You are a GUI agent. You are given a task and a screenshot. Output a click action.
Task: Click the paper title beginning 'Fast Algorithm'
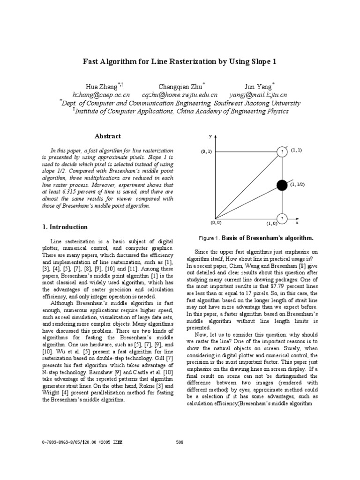(180, 61)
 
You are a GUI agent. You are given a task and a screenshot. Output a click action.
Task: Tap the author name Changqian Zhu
(181, 87)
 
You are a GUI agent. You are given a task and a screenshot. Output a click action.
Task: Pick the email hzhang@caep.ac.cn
(100, 95)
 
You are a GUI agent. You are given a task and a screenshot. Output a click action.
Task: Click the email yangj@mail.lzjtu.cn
(258, 95)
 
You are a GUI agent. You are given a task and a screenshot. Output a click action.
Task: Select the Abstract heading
(108, 136)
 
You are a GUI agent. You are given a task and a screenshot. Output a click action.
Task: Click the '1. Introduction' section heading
(65, 227)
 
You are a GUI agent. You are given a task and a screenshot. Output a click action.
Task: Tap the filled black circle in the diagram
(282, 185)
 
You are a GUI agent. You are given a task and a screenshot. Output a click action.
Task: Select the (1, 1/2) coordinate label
(297, 185)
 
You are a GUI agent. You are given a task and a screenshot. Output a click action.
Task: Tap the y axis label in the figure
(210, 136)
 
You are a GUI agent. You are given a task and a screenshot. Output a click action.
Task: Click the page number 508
(180, 442)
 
